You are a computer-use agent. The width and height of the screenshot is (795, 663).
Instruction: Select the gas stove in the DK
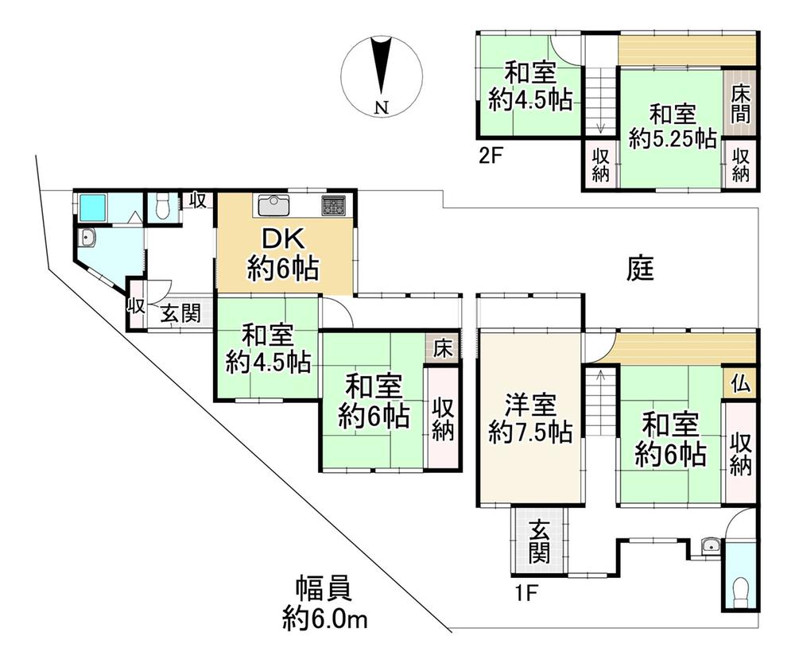[333, 205]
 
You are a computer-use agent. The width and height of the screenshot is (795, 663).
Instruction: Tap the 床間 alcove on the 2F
[739, 103]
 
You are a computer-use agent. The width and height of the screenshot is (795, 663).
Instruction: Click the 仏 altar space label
[739, 384]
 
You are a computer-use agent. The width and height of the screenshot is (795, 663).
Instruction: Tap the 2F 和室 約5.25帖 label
[671, 126]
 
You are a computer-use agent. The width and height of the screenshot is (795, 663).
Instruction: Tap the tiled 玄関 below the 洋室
[540, 541]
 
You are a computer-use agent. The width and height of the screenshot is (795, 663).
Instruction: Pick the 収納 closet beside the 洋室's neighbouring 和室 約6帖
[740, 452]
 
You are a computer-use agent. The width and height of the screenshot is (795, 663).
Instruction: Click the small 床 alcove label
[442, 348]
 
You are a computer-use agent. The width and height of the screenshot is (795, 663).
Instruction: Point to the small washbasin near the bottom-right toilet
[710, 545]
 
